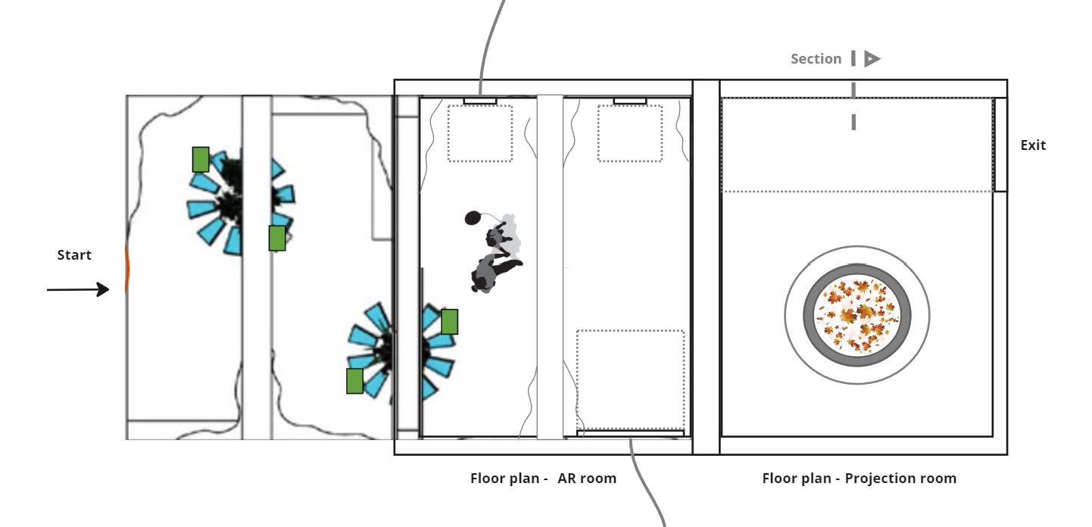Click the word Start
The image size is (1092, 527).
coord(74,255)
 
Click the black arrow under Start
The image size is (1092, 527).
coord(78,289)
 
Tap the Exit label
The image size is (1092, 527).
coord(1033,145)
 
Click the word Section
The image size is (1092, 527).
coord(816,59)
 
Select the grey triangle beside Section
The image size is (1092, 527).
coord(872,59)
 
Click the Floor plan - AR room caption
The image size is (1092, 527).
coord(543,479)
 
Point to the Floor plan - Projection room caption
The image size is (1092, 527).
coord(859,479)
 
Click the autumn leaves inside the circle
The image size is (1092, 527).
coord(856,316)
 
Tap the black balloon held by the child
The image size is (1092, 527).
coord(472,218)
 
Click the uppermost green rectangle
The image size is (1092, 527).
coord(201,160)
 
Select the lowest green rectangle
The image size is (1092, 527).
coord(355,381)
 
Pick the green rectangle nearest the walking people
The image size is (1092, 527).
coord(450,322)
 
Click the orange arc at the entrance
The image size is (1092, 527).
coord(127,268)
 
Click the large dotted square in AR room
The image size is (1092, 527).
coord(630,380)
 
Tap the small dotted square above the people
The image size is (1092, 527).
coord(480,133)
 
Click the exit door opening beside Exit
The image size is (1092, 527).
coord(1000,145)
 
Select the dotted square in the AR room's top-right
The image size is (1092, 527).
coord(630,133)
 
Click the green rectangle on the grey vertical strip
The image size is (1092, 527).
coord(277,239)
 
